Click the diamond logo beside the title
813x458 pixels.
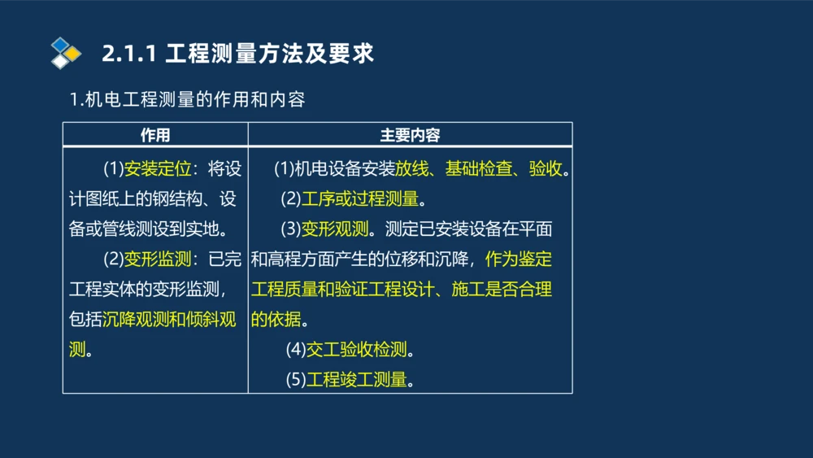coord(66,54)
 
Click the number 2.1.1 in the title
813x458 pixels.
coord(128,55)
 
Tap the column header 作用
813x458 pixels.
coord(155,135)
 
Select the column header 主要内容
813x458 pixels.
coord(410,135)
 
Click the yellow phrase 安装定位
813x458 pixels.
coord(157,169)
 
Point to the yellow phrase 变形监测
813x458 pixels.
coord(157,260)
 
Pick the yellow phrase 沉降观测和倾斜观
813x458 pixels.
coord(169,319)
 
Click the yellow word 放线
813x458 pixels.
coord(411,169)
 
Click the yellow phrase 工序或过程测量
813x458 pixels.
coord(359,199)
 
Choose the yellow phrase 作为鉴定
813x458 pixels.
coord(519,260)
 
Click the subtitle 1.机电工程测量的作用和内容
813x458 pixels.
coord(187,100)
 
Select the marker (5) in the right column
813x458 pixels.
coord(295,379)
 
